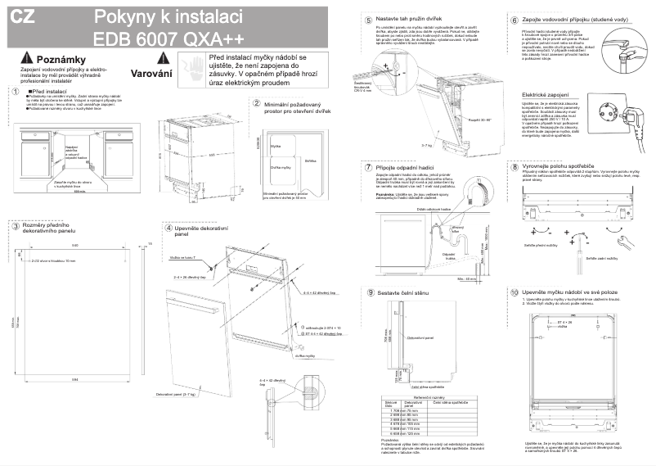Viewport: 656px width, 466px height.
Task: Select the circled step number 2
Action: pyautogui.click(x=257, y=103)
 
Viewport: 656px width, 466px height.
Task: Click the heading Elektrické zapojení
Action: pyautogui.click(x=546, y=95)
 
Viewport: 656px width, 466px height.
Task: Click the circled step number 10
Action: pyautogui.click(x=514, y=292)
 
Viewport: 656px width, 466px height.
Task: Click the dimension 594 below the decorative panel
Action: pyautogui.click(x=75, y=378)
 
